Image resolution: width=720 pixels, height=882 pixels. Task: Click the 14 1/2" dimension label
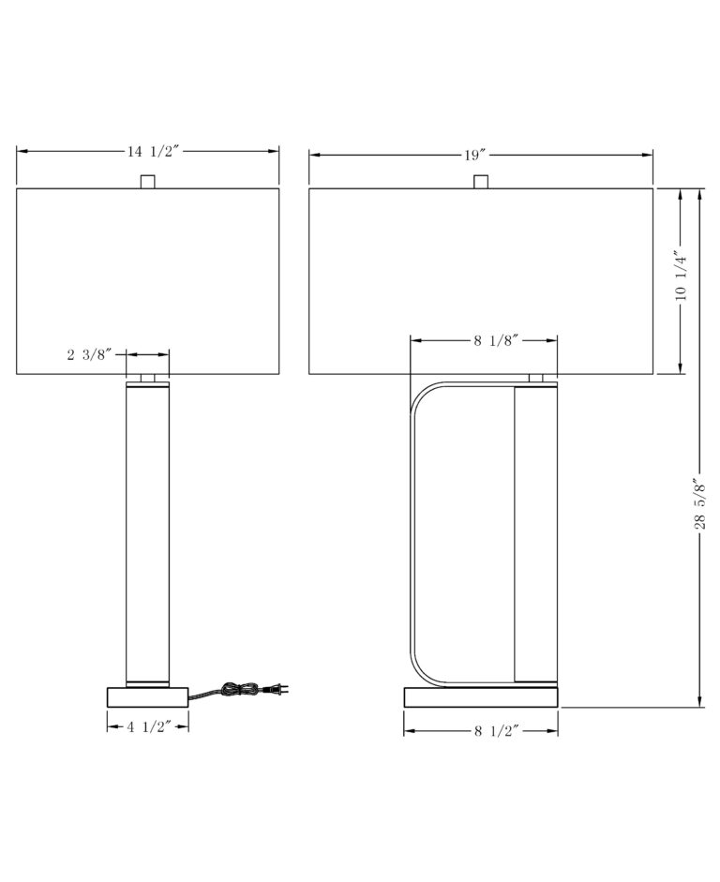point(153,151)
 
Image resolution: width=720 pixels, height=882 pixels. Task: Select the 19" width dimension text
point(474,155)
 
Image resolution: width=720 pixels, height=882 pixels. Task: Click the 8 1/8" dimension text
point(495,340)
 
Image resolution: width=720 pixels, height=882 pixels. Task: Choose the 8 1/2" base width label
point(496,731)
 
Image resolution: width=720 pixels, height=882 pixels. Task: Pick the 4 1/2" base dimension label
point(148,726)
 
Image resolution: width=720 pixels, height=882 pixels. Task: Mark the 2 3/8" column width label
point(90,354)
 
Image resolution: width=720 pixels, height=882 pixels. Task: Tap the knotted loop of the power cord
point(241,689)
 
